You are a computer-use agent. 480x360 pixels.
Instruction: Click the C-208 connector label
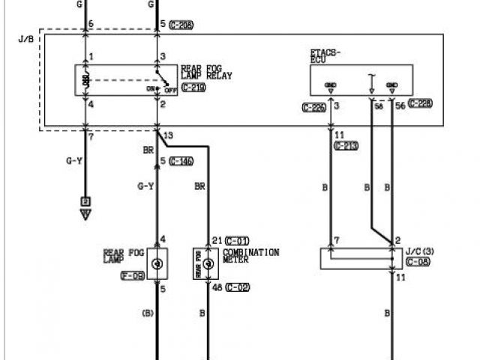pyautogui.click(x=181, y=25)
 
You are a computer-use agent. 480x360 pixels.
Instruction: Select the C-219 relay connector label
pyautogui.click(x=193, y=88)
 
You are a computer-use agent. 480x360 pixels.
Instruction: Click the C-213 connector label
pyautogui.click(x=347, y=145)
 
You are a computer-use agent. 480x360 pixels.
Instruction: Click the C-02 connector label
pyautogui.click(x=239, y=287)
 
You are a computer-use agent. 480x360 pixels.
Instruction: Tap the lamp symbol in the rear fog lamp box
pyautogui.click(x=157, y=264)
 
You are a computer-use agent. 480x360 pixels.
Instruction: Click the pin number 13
pyautogui.click(x=167, y=135)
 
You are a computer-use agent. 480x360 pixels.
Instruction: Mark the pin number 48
pyautogui.click(x=217, y=287)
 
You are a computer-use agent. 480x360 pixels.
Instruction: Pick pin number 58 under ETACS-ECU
pyautogui.click(x=379, y=107)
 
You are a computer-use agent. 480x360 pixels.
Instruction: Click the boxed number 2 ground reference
pyautogui.click(x=85, y=202)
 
